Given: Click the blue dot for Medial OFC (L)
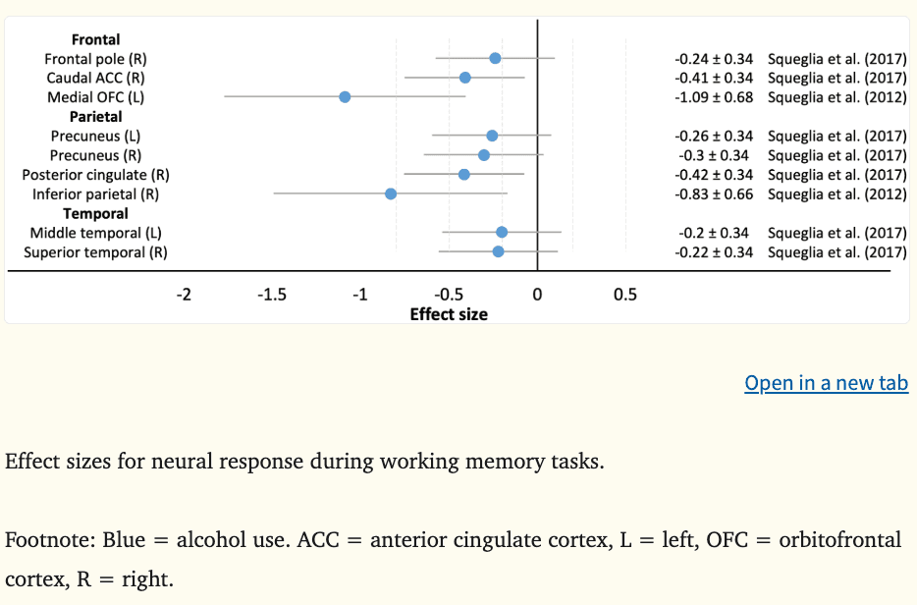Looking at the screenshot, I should click(345, 96).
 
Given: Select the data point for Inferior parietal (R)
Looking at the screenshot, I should click(391, 193).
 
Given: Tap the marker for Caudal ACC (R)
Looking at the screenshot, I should click(464, 78).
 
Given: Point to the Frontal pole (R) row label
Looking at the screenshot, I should click(95, 59).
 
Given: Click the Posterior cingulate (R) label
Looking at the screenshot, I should click(95, 175).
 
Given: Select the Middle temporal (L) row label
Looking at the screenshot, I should click(95, 233).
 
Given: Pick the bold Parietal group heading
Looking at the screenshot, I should click(95, 117).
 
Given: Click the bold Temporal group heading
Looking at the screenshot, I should click(95, 213).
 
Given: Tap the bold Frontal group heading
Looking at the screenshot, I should click(95, 40).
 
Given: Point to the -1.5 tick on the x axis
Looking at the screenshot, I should click(272, 295).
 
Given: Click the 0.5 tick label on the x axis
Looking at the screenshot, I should click(624, 295).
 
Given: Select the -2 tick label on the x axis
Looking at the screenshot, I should click(184, 295).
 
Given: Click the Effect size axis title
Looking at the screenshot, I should click(449, 314).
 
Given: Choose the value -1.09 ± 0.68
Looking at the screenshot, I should click(714, 97).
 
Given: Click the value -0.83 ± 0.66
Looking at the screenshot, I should click(714, 194).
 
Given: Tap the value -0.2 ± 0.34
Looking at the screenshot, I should click(716, 233).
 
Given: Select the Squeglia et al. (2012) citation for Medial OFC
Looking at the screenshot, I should click(836, 97).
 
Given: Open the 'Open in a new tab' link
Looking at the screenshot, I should click(827, 383).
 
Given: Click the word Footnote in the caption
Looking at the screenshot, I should click(43, 540).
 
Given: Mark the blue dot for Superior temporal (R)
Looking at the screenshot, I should click(498, 251).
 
